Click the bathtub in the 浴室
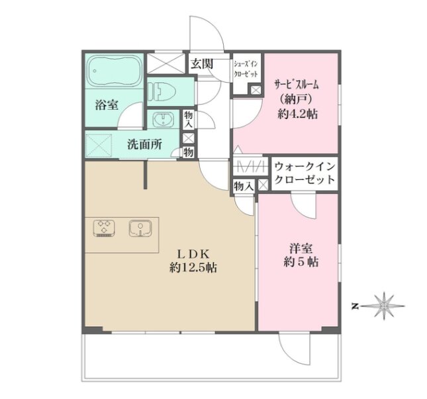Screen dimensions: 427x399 click(x=115, y=71)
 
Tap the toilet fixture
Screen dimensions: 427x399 click(x=162, y=91)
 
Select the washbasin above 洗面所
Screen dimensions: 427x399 click(x=163, y=120)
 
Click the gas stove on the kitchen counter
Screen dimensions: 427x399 click(x=104, y=228)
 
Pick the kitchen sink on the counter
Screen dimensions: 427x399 click(x=140, y=228)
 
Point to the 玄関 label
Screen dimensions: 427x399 click(x=202, y=64)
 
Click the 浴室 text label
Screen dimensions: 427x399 click(x=107, y=105)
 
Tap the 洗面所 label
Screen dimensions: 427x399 click(x=144, y=144)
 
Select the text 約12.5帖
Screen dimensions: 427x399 click(x=193, y=268)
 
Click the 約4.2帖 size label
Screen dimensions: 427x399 click(x=298, y=114)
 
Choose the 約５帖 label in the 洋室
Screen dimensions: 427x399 click(x=301, y=262)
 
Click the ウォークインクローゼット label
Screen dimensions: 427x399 click(x=305, y=173)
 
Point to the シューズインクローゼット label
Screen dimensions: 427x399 click(x=246, y=69)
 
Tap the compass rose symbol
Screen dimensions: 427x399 click(x=383, y=306)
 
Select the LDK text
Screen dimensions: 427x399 click(x=193, y=255)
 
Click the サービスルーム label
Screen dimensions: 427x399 click(x=297, y=85)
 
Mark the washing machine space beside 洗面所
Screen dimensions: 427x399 click(x=99, y=146)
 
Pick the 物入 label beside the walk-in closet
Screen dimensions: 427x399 click(x=244, y=187)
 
